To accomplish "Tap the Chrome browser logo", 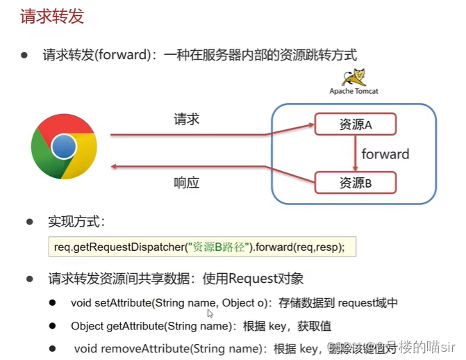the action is pos(64,146).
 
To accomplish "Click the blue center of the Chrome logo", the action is pos(64,146).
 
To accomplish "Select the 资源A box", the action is pos(356,124).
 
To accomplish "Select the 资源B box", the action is pos(356,183).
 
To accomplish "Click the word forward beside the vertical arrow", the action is pos(385,154).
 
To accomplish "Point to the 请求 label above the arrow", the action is pos(187,120).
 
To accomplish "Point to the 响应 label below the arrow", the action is pos(186,183).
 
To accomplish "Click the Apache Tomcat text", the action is pos(354,91).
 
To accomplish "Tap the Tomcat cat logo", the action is pos(358,76).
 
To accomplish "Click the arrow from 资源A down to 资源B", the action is pos(356,154).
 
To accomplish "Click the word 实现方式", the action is pos(76,222).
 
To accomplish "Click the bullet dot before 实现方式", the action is pos(30,222).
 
